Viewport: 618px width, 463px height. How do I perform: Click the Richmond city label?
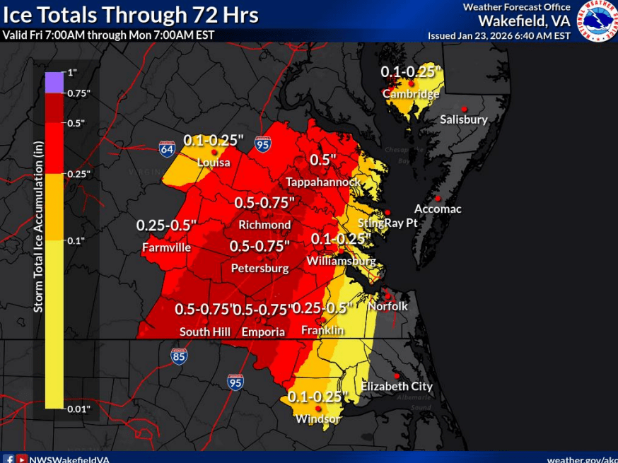(264, 225)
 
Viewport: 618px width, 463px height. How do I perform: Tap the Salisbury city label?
(464, 119)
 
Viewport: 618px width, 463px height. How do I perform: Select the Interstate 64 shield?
(167, 148)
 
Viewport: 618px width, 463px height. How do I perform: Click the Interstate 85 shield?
(180, 356)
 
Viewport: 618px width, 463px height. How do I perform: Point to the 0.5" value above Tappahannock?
(322, 160)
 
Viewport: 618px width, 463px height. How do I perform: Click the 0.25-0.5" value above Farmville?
(166, 225)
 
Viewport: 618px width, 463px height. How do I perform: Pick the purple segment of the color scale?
(54, 83)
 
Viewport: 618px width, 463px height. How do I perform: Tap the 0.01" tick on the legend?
(78, 409)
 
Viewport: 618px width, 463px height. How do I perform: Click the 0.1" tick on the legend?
(76, 240)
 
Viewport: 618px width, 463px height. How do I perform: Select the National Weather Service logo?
(597, 21)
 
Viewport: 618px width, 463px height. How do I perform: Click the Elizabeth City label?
(397, 387)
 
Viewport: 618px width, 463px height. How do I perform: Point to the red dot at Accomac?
(438, 198)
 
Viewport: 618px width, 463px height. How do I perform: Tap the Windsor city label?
(318, 419)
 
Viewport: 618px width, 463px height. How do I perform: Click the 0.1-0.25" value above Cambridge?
(411, 71)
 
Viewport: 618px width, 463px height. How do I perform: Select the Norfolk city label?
(387, 307)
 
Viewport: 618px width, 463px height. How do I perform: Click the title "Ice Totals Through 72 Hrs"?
(132, 14)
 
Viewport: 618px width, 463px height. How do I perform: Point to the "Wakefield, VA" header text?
(524, 20)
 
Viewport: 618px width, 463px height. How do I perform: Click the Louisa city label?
(214, 163)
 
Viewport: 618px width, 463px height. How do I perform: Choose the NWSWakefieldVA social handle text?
(69, 459)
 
